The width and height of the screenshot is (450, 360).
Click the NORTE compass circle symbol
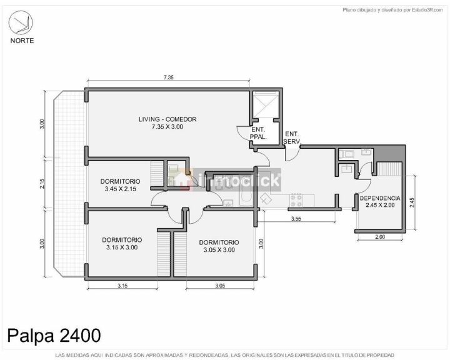(21, 22)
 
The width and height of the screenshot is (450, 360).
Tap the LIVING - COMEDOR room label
(167, 119)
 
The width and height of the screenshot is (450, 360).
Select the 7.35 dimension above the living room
(169, 77)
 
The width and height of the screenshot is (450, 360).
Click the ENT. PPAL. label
(258, 133)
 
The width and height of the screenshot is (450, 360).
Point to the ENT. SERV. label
(292, 137)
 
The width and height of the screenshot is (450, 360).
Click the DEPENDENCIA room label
(380, 198)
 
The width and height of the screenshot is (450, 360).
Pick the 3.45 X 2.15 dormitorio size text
(121, 189)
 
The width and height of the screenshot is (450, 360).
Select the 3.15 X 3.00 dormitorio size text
(122, 247)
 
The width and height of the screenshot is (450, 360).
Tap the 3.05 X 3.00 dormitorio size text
(219, 250)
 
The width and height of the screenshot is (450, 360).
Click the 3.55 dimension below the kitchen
(296, 219)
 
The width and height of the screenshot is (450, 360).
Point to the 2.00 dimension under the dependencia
(380, 237)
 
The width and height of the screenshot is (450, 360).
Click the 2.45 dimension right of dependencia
(412, 202)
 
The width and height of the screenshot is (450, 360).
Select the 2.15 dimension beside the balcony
(42, 184)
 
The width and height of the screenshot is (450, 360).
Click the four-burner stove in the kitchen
(296, 201)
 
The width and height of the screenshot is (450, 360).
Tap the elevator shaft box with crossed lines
(266, 104)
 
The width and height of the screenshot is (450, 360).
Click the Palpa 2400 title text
(54, 335)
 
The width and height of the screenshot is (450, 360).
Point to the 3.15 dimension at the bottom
(122, 286)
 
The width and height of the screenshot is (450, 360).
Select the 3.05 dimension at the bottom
(220, 286)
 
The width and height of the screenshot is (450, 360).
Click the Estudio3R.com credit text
(427, 10)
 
